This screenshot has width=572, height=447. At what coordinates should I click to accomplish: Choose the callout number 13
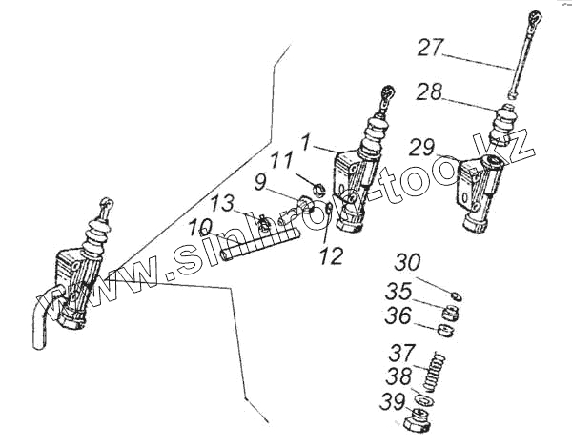(221, 204)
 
